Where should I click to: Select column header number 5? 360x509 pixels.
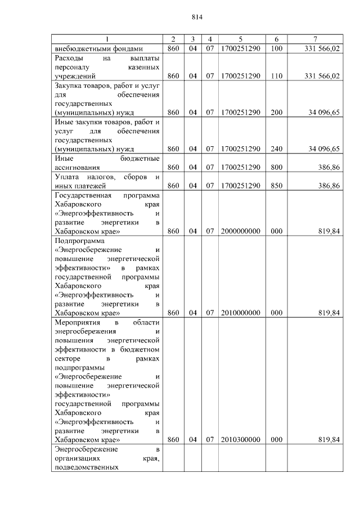[240, 39]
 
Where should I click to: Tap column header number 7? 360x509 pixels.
[315, 39]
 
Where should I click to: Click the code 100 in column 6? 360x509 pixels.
[276, 49]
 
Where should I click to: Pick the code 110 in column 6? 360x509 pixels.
[276, 76]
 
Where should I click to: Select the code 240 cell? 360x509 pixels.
[276, 149]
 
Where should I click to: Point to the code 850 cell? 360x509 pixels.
[276, 186]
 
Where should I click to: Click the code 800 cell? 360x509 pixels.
[276, 168]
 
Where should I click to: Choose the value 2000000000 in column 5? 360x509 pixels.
[240, 231]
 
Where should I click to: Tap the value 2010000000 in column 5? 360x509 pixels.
[240, 313]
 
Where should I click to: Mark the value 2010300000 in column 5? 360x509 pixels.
[240, 440]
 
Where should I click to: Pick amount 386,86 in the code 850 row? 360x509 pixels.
[329, 186]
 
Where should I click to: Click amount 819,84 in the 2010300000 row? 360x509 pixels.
[329, 440]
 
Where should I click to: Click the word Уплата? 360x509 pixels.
[67, 177]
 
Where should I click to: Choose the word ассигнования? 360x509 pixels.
[78, 168]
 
